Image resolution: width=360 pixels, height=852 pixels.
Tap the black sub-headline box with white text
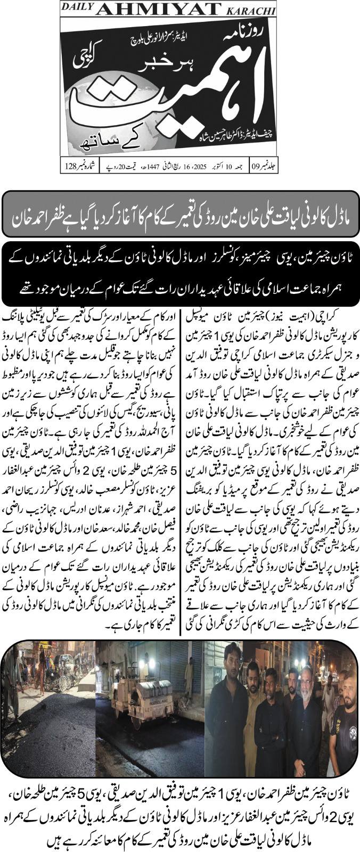180,273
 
